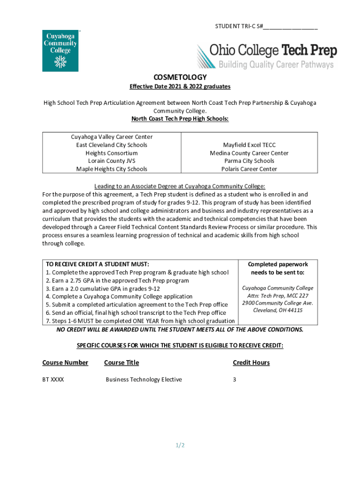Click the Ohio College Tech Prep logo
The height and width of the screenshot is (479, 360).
click(266, 56)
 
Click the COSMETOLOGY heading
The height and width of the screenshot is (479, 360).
click(180, 77)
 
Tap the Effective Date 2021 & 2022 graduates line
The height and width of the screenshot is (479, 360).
click(180, 87)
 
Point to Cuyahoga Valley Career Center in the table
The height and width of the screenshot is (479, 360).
click(112, 137)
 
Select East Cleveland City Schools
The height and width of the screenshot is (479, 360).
click(112, 145)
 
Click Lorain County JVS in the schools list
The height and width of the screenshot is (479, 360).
click(112, 161)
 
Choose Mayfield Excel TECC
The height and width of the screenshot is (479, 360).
click(249, 145)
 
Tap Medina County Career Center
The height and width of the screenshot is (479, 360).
click(249, 153)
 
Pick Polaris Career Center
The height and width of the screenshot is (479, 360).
click(249, 169)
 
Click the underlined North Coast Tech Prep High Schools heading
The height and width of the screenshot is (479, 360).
click(180, 119)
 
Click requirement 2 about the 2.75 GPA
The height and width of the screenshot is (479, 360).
click(117, 281)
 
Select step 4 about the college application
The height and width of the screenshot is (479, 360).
click(119, 297)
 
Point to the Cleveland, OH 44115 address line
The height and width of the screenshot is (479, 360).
click(278, 311)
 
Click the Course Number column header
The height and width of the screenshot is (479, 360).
click(65, 363)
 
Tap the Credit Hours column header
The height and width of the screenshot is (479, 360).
click(251, 363)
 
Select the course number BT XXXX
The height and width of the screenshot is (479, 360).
click(53, 379)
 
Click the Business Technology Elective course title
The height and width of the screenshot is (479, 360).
click(144, 379)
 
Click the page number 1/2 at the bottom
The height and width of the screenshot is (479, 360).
click(180, 445)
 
